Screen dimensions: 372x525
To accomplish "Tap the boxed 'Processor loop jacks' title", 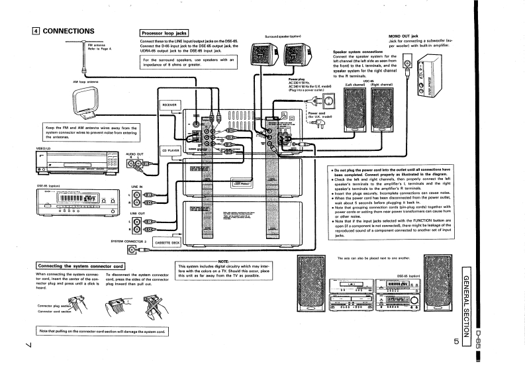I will coord(165,32).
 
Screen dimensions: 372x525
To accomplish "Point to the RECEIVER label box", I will coord(169,105).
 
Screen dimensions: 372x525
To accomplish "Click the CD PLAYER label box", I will coord(171,150).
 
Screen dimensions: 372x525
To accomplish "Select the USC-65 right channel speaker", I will coord(382,110).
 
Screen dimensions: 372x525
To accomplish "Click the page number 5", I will coord(456,342).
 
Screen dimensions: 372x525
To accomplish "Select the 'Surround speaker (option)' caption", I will coord(283,36).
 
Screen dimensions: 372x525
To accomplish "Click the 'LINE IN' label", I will coord(137,186).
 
